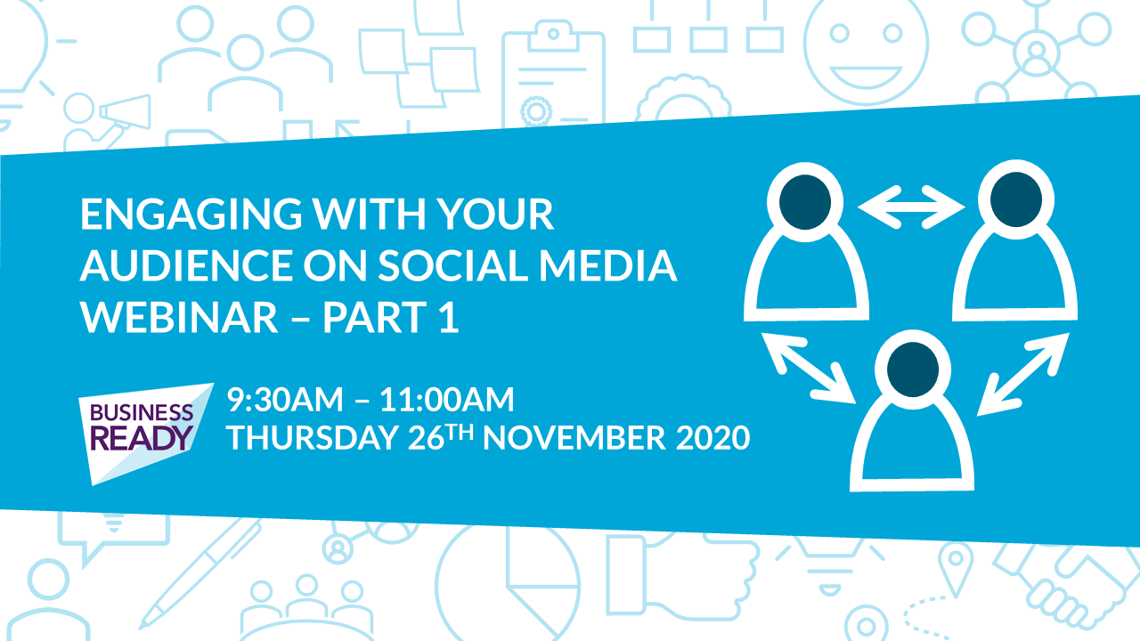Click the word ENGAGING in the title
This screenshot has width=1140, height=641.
[x=191, y=215]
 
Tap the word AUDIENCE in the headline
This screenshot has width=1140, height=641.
[x=187, y=265]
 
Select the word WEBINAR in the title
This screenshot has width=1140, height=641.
[x=179, y=318]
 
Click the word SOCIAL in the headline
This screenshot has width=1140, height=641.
[x=453, y=265]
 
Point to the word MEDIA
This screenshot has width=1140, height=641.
[x=608, y=265]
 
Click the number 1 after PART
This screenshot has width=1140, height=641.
[x=450, y=318]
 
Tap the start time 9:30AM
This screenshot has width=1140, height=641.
[x=285, y=400]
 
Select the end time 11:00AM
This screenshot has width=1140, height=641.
[x=447, y=400]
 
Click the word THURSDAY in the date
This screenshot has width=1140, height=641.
[x=313, y=437]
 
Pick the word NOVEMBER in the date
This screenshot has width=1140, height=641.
[x=574, y=437]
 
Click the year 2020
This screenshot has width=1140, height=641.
[x=713, y=437]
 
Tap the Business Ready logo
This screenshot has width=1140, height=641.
[x=146, y=434]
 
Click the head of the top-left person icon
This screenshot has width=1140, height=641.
[x=805, y=202]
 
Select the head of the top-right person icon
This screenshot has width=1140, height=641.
[x=1016, y=199]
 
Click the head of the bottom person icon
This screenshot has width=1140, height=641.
[x=913, y=369]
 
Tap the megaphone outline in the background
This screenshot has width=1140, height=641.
[x=125, y=112]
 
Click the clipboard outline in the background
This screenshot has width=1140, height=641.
[x=553, y=77]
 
